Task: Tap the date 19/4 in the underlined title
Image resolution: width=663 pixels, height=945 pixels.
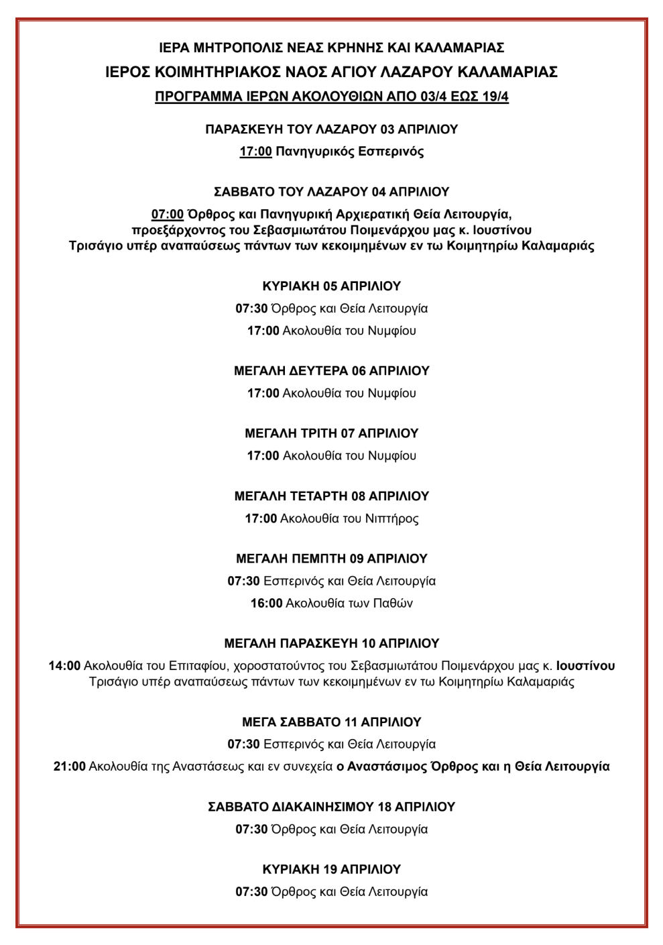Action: pos(495,97)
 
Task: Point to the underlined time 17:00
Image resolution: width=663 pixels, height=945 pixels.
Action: pos(255,152)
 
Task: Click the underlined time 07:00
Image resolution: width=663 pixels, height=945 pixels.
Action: pos(168,215)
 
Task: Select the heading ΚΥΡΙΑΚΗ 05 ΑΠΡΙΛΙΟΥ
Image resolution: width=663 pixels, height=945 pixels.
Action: pos(331,286)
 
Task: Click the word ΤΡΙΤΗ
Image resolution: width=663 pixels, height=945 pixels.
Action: pos(314,434)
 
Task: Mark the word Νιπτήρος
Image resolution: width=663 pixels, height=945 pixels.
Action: pos(391,518)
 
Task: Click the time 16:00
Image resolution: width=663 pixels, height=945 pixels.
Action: pos(266,604)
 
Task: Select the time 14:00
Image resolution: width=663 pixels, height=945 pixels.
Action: pos(64,666)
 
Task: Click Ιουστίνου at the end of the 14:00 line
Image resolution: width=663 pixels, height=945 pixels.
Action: pos(585,666)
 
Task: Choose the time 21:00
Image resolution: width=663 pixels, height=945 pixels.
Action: pos(70,767)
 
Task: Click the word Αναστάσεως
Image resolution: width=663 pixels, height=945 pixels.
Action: pos(208,767)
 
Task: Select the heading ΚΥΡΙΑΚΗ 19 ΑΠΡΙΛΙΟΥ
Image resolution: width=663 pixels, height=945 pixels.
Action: pos(331,869)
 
